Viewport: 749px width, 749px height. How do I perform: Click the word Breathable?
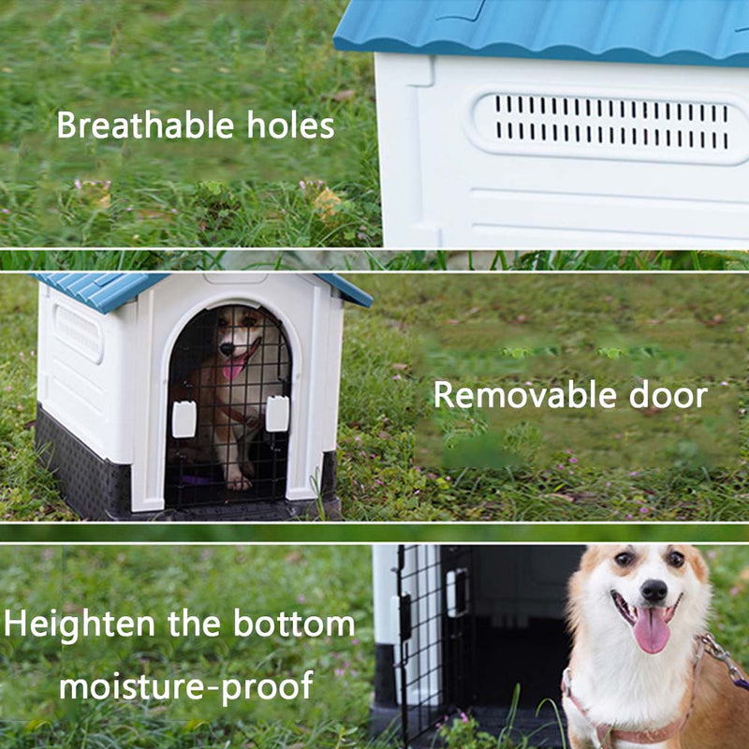pyautogui.click(x=146, y=125)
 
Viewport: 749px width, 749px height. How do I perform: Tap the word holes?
pyautogui.click(x=290, y=125)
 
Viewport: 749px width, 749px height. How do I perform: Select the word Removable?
pyautogui.click(x=525, y=395)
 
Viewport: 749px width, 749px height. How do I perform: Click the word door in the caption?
pyautogui.click(x=668, y=395)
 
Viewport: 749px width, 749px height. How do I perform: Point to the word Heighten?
pyautogui.click(x=80, y=624)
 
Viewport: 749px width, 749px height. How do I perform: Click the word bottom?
pyautogui.click(x=294, y=624)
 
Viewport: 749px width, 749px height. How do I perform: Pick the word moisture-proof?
pyautogui.click(x=186, y=685)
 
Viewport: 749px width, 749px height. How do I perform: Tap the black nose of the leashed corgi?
pyautogui.click(x=654, y=591)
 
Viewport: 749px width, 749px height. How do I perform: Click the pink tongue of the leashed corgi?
pyautogui.click(x=651, y=629)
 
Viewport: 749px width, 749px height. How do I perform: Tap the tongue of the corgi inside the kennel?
pyautogui.click(x=233, y=368)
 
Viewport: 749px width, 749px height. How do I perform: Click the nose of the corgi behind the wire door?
pyautogui.click(x=228, y=348)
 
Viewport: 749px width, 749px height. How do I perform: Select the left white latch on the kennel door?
pyautogui.click(x=184, y=419)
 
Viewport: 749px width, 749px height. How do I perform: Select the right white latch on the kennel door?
pyautogui.click(x=277, y=414)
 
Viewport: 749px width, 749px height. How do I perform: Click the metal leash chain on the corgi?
pyautogui.click(x=723, y=659)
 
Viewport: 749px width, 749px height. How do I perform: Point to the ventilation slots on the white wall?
pyautogui.click(x=612, y=122)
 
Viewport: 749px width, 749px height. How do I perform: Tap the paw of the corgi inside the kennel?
pyautogui.click(x=239, y=483)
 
